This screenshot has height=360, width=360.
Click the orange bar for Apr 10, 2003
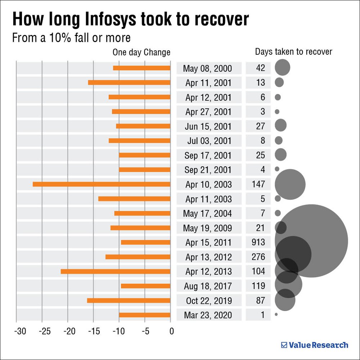[x=101, y=184]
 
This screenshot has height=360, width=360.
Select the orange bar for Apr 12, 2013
[x=115, y=271]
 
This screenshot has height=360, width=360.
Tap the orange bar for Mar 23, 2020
[x=144, y=315]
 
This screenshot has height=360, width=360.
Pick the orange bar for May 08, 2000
[x=141, y=68]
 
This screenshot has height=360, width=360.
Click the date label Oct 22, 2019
[x=209, y=301]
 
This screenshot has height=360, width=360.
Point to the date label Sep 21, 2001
[x=209, y=170]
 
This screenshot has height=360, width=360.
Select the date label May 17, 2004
[x=209, y=213]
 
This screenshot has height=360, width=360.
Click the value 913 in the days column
[x=258, y=242]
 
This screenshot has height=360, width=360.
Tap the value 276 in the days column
[x=258, y=257]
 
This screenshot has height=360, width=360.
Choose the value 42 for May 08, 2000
[x=260, y=68]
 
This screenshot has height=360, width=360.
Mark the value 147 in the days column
[x=258, y=184]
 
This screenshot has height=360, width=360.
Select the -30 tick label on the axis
[x=19, y=331]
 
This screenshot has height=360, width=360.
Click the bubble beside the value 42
[x=282, y=68]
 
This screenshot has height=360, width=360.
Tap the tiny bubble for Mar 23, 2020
[x=276, y=314]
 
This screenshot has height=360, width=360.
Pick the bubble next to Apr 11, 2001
[x=279, y=82]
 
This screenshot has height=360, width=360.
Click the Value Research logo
[x=315, y=345]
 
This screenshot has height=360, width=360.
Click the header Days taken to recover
[x=293, y=51]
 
